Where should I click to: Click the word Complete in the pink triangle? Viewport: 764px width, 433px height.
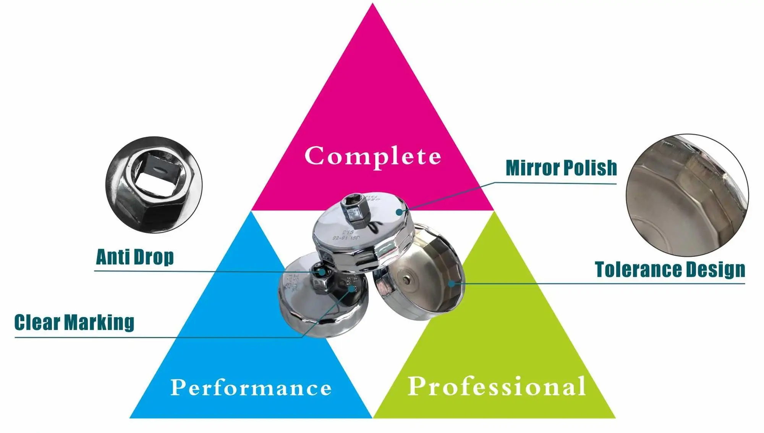point(372,156)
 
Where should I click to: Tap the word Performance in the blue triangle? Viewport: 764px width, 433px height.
point(251,388)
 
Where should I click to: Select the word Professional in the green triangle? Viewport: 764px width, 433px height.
point(497,386)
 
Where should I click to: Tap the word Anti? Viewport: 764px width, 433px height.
point(113,257)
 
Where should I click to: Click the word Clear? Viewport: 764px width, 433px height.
point(37,323)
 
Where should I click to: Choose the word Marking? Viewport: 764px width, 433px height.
point(99,323)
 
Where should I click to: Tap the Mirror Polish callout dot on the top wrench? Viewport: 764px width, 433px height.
point(399,212)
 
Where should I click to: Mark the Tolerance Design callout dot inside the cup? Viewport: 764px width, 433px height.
point(452,284)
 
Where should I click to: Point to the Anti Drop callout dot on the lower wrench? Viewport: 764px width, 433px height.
point(322,272)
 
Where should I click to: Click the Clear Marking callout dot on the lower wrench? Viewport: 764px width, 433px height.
point(352,289)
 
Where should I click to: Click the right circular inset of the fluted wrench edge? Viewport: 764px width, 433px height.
point(687,195)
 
